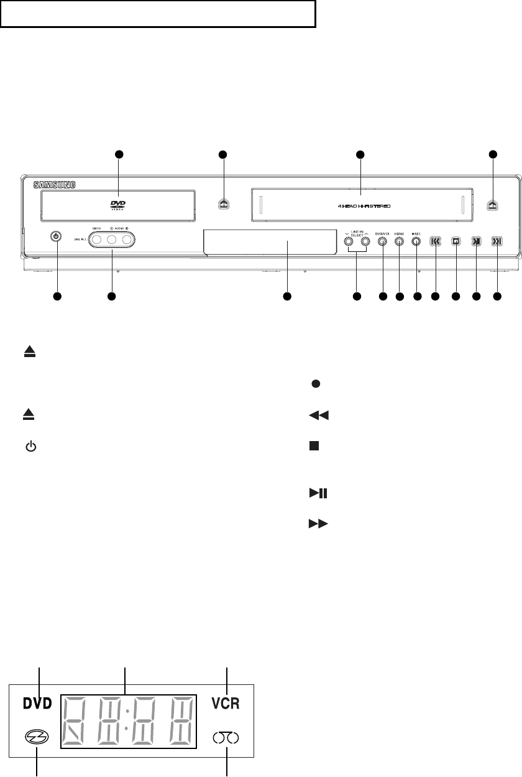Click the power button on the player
coord(57,236)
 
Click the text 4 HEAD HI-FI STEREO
coord(359,205)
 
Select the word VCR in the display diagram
coord(225,704)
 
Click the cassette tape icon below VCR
coord(226,738)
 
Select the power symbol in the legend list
coord(30,448)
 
